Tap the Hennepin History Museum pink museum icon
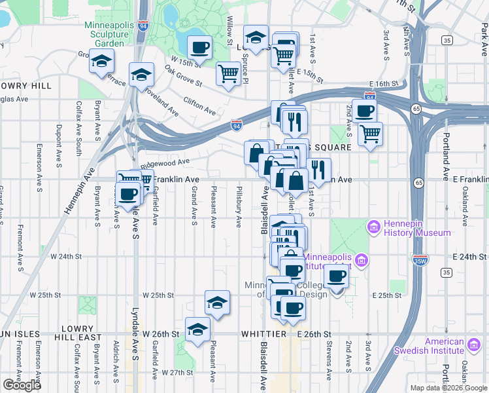(375, 227)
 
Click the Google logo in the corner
(22, 385)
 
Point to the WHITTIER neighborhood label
(264, 334)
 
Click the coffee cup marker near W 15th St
(200, 47)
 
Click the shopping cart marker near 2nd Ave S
(370, 133)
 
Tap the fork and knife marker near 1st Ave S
(318, 170)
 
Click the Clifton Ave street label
(199, 105)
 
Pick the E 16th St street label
(384, 84)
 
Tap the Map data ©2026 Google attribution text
(448, 388)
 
